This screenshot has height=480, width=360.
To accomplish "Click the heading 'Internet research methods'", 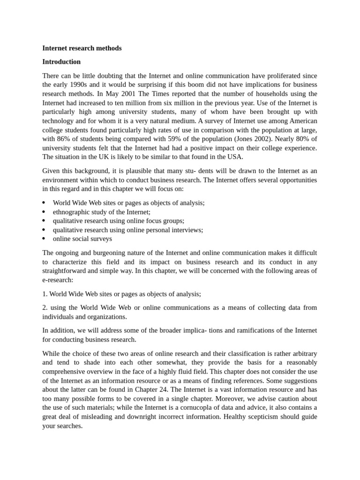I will click(x=82, y=48).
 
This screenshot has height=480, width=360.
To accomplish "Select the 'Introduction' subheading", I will click(x=61, y=62).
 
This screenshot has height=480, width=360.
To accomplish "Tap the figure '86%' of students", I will click(x=64, y=139).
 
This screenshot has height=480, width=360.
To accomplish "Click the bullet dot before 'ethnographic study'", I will click(x=44, y=212).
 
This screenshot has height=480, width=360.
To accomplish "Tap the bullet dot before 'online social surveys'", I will click(x=44, y=239).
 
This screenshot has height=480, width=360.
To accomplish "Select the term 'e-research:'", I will click(x=58, y=280).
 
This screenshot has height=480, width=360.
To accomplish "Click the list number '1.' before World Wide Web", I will click(x=45, y=294).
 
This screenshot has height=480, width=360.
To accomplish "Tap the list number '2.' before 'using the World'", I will click(x=45, y=307).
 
